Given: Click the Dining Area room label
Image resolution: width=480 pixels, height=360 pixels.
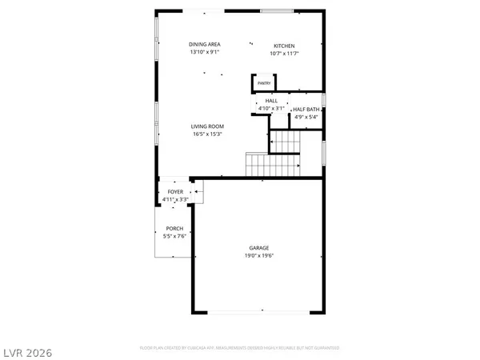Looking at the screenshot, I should click(x=205, y=44).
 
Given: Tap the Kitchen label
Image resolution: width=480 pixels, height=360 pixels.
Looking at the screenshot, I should click(x=284, y=46).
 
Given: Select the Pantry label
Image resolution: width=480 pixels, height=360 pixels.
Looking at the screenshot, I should click(x=264, y=83).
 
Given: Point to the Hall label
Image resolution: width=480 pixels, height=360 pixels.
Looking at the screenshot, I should click(x=260, y=100).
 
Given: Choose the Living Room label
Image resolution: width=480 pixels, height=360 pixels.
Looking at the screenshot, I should click(x=206, y=126).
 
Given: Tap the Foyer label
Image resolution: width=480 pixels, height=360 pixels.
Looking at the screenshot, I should click(x=175, y=192).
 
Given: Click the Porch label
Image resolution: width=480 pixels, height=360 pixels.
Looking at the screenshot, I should click(x=174, y=230).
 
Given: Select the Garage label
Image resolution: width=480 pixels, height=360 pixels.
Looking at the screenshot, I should click(x=258, y=248).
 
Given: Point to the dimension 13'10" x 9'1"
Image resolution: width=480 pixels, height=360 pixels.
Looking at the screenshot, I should click(x=205, y=53).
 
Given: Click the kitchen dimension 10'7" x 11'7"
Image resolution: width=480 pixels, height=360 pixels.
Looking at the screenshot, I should click(x=284, y=54).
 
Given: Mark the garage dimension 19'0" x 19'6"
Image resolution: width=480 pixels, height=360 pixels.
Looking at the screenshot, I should click(x=258, y=256).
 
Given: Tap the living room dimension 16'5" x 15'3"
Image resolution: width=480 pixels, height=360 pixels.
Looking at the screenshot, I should click(x=206, y=134).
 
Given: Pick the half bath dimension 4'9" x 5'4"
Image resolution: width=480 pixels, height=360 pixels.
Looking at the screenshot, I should click(x=306, y=118).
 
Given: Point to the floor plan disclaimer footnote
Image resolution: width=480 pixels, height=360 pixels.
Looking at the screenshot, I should click(x=239, y=348).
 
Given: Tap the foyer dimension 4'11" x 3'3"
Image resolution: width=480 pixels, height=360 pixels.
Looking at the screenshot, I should click(x=175, y=199).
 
